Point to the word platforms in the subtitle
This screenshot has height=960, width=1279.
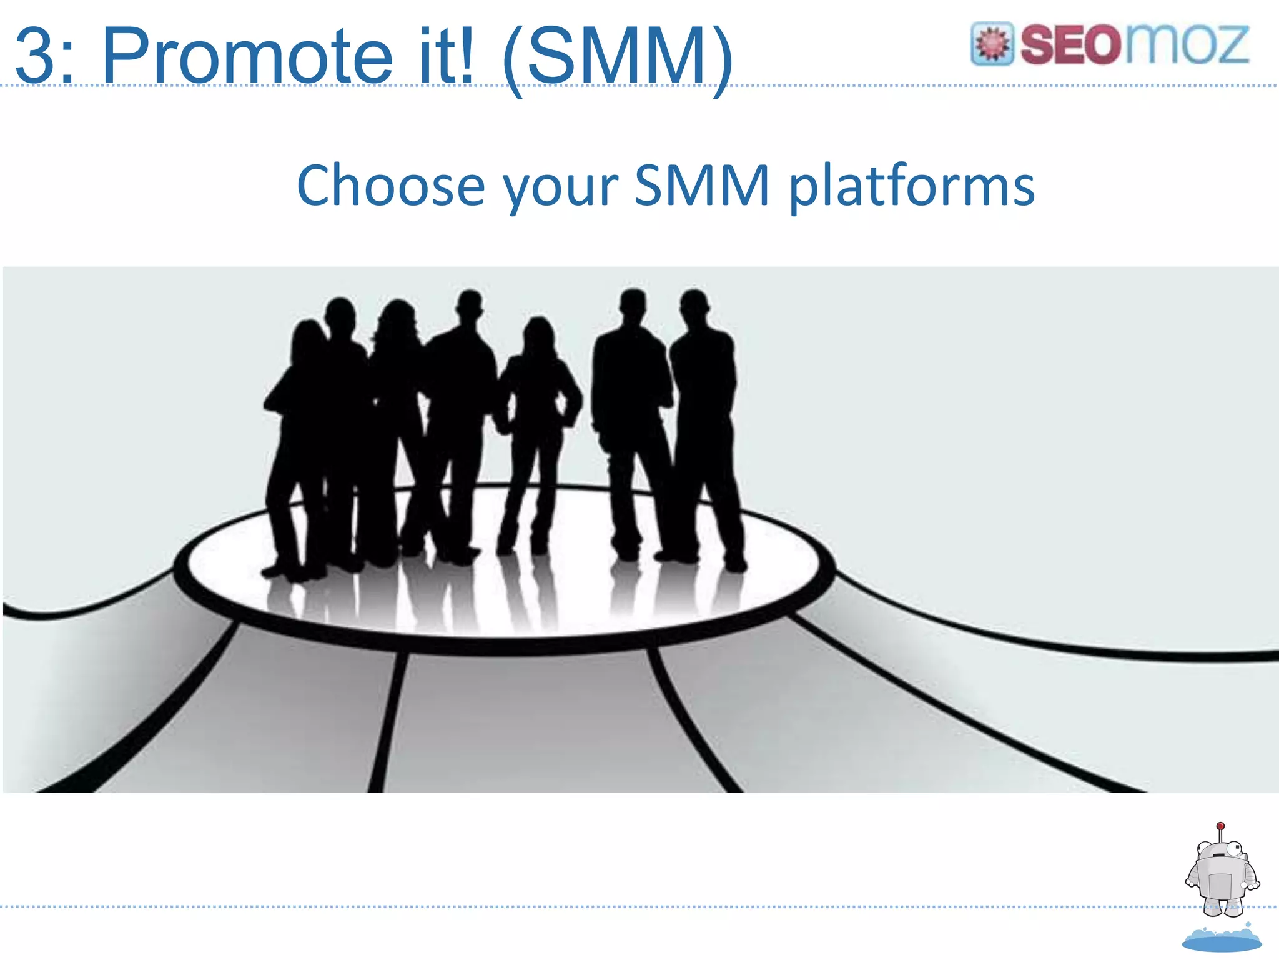pyautogui.click(x=912, y=187)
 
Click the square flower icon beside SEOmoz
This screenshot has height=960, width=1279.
pyautogui.click(x=992, y=44)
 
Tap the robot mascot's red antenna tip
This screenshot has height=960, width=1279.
pyautogui.click(x=1220, y=826)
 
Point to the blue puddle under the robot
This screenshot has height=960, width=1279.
pyautogui.click(x=1222, y=939)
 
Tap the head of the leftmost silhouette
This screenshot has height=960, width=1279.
pyautogui.click(x=306, y=337)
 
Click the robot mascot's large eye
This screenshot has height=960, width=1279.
pyautogui.click(x=1233, y=849)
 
